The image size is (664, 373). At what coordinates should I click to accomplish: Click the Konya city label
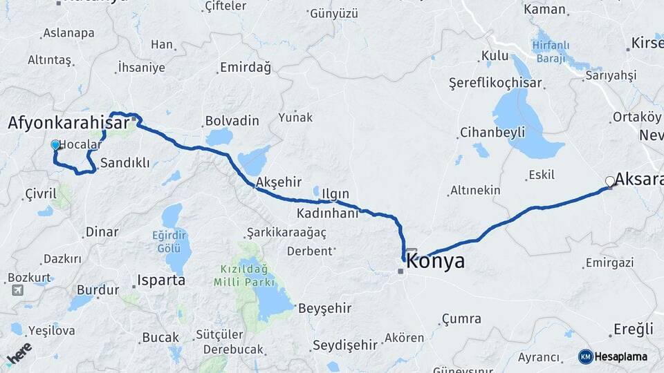[x=435, y=262]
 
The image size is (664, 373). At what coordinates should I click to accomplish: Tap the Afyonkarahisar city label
[x=68, y=123]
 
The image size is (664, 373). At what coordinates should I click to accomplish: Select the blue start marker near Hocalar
[x=55, y=145]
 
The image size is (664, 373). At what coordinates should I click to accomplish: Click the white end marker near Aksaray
[x=610, y=182]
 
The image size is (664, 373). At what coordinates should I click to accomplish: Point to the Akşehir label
[x=279, y=182]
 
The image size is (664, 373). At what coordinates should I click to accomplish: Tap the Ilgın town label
[x=335, y=193]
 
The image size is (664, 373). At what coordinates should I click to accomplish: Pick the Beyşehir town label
[x=324, y=308]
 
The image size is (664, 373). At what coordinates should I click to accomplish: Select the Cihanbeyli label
[x=492, y=132]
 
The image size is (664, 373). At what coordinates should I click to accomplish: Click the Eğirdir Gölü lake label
[x=170, y=242]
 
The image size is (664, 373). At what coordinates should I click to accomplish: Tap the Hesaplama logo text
[x=620, y=356]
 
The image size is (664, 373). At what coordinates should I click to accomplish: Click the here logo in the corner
[x=19, y=354]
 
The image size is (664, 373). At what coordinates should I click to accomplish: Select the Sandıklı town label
[x=124, y=163]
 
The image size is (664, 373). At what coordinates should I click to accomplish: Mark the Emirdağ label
[x=245, y=68]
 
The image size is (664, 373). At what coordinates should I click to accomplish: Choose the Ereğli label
[x=633, y=329]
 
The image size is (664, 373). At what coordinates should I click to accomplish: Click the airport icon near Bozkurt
[x=17, y=290]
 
